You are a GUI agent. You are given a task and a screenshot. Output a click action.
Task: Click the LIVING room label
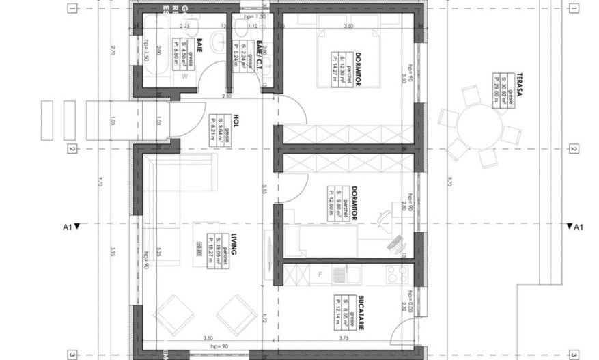tap(233, 243)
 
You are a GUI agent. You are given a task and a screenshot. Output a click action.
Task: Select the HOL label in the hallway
tap(234, 121)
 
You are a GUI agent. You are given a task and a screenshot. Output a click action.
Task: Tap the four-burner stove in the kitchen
tap(397, 275)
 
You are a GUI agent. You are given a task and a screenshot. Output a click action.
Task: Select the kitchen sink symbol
tap(339, 275)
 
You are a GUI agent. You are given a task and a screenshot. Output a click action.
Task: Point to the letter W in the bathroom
tap(184, 77)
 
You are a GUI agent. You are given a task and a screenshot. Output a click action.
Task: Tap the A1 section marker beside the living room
tap(70, 226)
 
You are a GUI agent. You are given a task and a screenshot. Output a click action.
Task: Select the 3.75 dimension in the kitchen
tap(344, 337)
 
